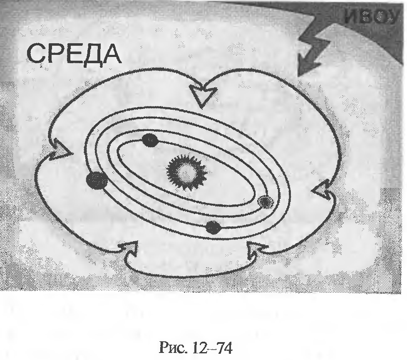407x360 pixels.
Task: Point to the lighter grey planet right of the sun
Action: point(265,202)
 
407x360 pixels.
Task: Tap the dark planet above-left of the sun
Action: point(149,141)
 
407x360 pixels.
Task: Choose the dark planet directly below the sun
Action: point(213,227)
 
